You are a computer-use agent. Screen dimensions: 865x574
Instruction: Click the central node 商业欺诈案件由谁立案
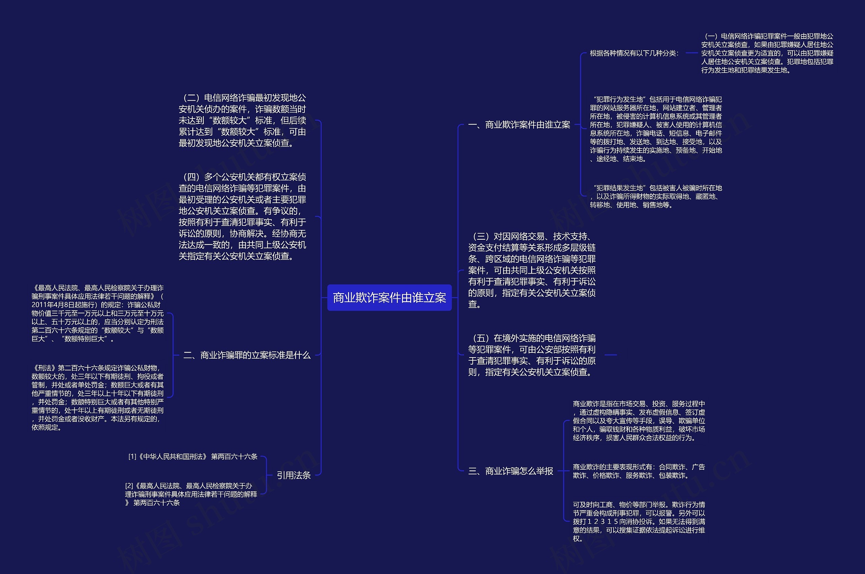[389, 297]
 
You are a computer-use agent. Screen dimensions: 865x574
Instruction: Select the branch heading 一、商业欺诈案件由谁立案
[519, 125]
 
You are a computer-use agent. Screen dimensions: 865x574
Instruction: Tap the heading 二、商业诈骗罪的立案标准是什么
[247, 355]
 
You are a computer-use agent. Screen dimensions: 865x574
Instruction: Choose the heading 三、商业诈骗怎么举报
[510, 471]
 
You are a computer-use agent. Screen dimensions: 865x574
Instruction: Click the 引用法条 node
[294, 475]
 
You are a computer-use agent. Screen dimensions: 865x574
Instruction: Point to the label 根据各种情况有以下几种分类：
[634, 53]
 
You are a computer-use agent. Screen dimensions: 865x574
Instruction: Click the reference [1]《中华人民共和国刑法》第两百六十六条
[193, 456]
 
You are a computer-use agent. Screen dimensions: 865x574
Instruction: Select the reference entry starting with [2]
[191, 494]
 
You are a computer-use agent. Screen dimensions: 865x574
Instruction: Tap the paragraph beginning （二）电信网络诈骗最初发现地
[242, 121]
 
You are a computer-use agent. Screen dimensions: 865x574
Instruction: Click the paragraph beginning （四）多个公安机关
[242, 216]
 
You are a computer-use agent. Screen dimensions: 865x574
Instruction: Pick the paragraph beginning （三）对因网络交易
[532, 270]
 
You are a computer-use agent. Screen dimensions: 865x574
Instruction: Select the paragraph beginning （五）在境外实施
[532, 355]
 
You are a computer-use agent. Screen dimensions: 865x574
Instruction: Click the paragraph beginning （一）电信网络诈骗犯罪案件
[767, 53]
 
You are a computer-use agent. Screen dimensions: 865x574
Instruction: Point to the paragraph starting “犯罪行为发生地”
[656, 129]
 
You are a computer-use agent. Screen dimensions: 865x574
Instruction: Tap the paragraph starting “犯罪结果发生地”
[656, 197]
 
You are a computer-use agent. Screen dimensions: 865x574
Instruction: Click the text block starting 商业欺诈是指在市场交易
[639, 421]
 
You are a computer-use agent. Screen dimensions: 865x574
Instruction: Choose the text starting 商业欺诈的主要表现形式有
[639, 471]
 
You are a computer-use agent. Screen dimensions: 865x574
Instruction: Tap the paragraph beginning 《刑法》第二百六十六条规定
[97, 397]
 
